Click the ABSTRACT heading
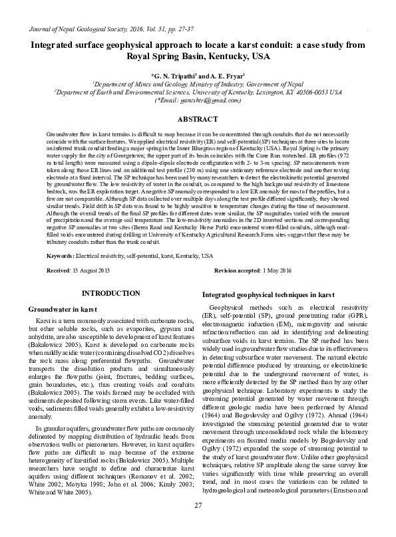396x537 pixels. click(x=198, y=119)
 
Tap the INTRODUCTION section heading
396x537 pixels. click(x=110, y=292)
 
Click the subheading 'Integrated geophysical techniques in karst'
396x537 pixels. click(x=258, y=294)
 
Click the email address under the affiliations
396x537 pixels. click(x=198, y=100)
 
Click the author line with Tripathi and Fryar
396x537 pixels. click(x=198, y=76)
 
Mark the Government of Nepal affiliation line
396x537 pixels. click(x=198, y=84)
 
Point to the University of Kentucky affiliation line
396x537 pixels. click(x=198, y=92)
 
